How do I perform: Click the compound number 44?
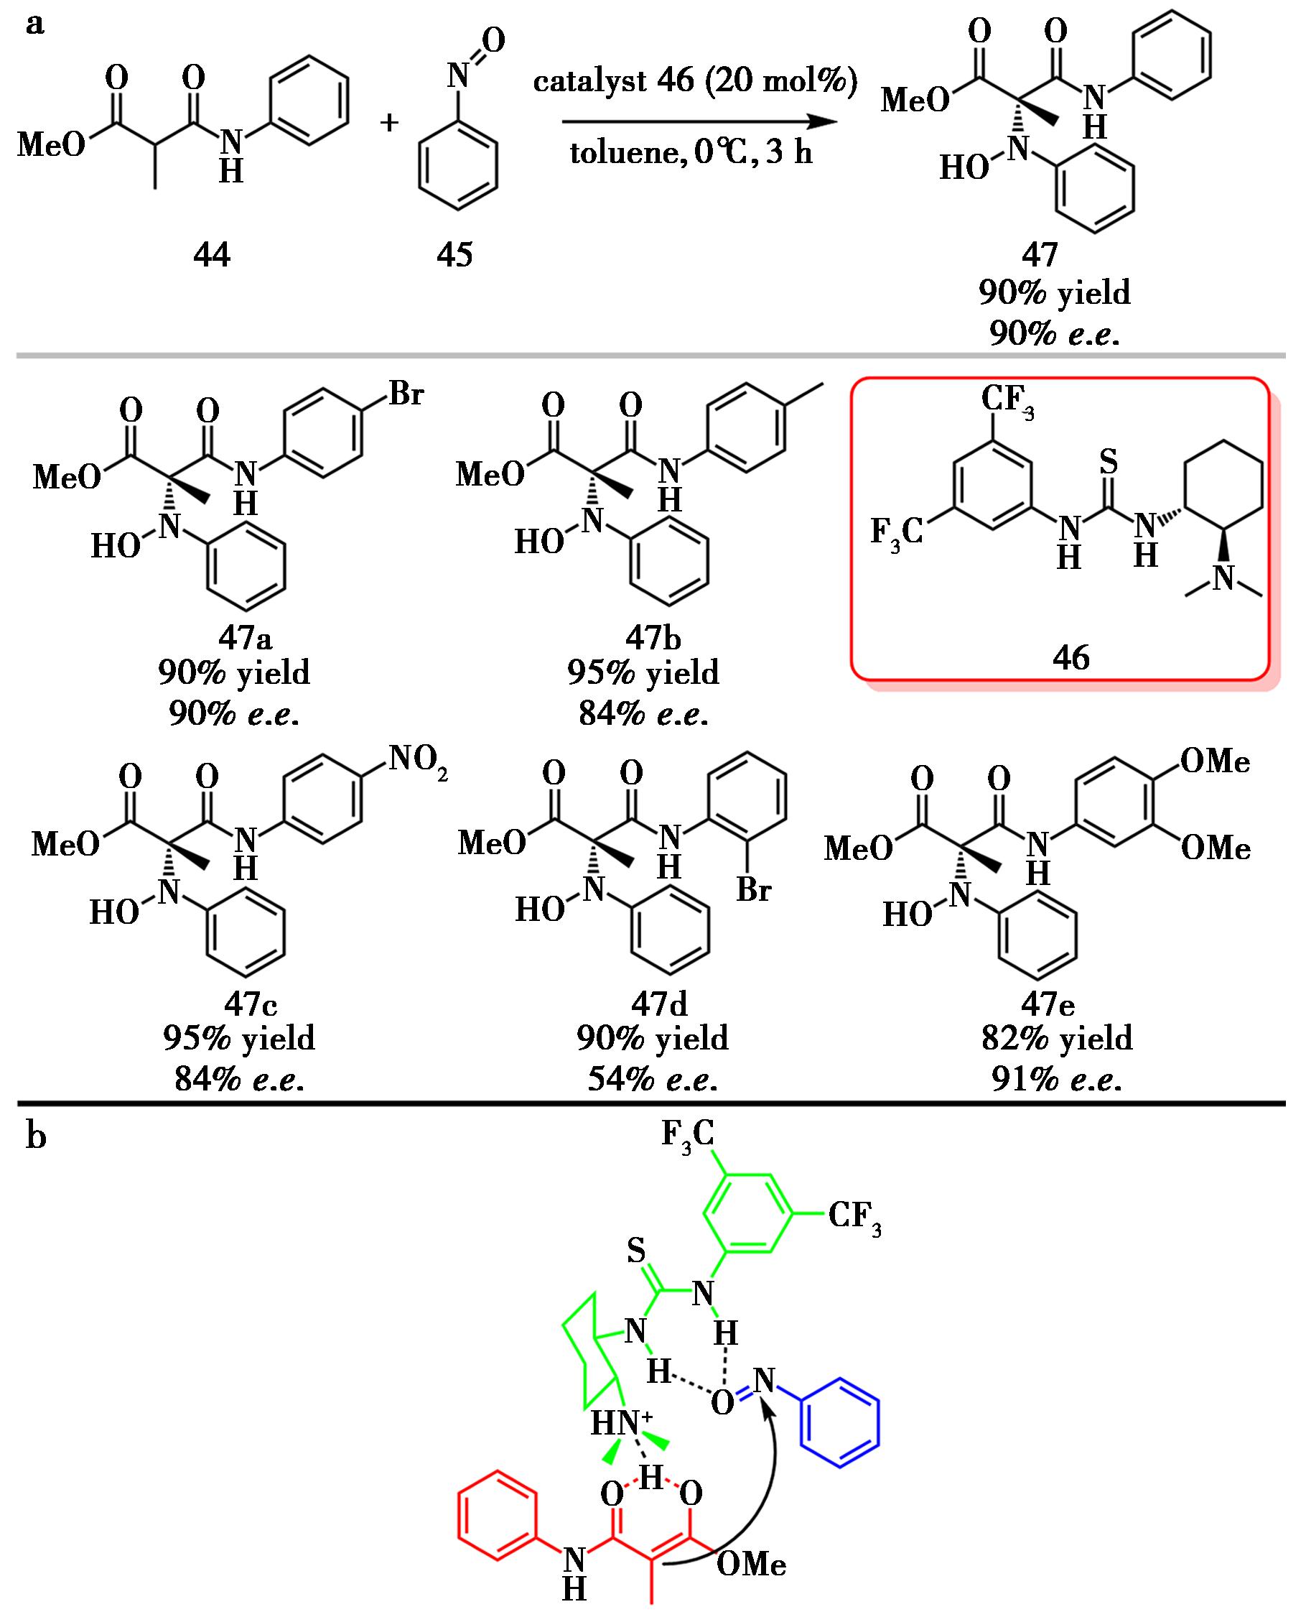point(211,256)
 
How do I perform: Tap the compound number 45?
point(454,256)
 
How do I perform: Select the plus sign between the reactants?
point(389,123)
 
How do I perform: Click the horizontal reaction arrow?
point(699,122)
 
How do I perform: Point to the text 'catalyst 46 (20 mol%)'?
point(695,81)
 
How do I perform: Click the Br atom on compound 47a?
point(406,394)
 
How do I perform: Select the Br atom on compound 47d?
point(754,890)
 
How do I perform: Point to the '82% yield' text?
point(1056,1039)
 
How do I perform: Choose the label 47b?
point(652,638)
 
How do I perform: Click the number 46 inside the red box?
point(1071,658)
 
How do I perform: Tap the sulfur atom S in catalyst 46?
point(1108,462)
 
